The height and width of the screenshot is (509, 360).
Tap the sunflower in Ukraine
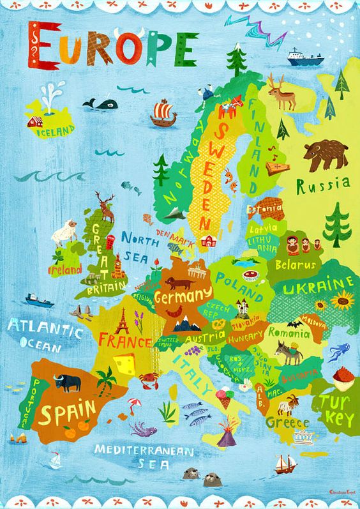pos(343,298)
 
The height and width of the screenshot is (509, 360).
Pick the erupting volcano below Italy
pos(225,436)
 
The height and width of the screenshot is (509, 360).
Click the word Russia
pos(323,186)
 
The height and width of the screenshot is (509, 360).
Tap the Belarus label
pos(295,264)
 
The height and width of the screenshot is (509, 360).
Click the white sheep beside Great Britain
pos(65,232)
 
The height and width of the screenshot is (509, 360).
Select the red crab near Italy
pos(149,379)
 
